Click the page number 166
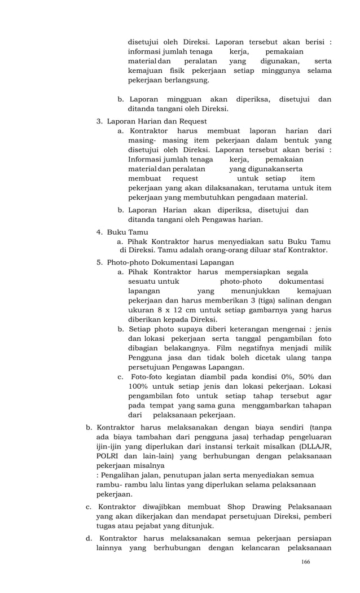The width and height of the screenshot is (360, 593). [x=306, y=561]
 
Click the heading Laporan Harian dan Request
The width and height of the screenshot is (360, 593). [x=157, y=121]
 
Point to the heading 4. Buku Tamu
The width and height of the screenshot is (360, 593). [x=122, y=232]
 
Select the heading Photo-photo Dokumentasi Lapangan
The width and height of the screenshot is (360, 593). [x=170, y=262]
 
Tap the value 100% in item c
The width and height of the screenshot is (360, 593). [x=139, y=386]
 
